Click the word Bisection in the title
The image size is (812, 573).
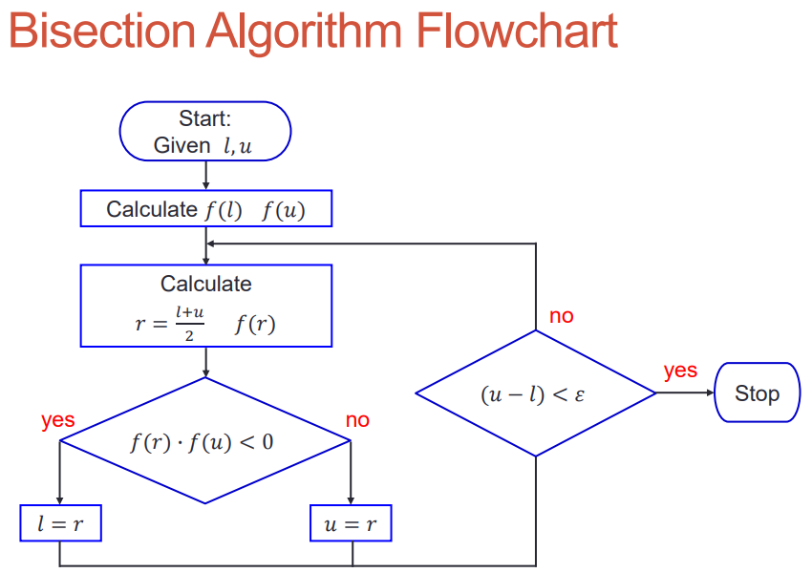point(102,32)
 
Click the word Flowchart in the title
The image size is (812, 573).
point(517,32)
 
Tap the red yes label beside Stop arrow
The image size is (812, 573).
point(680,371)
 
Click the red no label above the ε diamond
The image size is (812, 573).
point(562,315)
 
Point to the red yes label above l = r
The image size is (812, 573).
point(58,419)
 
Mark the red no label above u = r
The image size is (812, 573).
point(357,419)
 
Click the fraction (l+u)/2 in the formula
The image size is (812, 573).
point(189,324)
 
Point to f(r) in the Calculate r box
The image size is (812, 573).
point(255,325)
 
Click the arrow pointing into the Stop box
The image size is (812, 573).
point(685,393)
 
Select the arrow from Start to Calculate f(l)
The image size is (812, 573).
point(205,176)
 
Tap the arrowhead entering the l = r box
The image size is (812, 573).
point(59,500)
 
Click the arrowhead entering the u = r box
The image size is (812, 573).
point(351,500)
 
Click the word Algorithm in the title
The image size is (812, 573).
point(305,32)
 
